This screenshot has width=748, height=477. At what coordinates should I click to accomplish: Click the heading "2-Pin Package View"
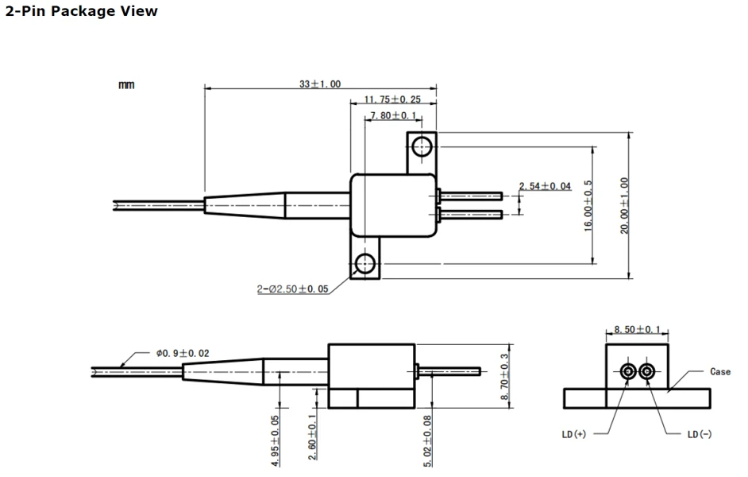coord(81,11)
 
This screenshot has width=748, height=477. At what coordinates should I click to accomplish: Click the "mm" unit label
coord(126,85)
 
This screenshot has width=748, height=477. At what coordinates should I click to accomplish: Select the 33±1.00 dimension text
coord(320,84)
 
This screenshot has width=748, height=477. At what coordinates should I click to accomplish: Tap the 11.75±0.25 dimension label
coord(392,99)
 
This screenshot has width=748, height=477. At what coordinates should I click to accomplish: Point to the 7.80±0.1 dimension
coord(393,115)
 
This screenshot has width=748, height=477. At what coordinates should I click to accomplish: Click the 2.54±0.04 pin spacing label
coord(545,186)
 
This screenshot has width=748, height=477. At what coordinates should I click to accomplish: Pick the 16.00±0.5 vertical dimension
coord(588,206)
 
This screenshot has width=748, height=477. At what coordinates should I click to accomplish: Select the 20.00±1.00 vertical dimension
coord(624,205)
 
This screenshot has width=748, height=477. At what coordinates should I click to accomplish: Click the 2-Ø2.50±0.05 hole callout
coord(293,289)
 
